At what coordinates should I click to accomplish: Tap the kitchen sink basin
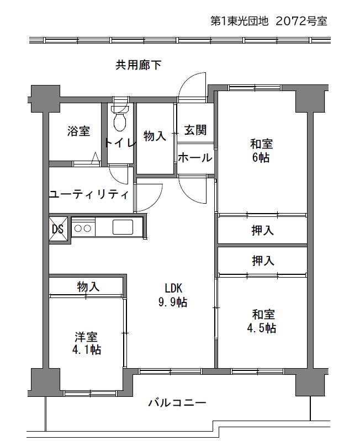123,227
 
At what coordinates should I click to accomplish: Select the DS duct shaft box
59,229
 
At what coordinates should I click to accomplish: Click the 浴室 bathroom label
78,131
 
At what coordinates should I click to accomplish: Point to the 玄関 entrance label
195,130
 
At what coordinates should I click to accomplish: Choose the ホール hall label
195,157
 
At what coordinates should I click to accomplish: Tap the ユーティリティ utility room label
89,194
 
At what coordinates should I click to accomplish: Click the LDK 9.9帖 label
173,295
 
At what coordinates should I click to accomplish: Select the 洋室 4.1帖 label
87,343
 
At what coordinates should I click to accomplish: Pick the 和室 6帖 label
261,151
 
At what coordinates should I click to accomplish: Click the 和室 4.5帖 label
262,321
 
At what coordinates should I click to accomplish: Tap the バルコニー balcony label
177,403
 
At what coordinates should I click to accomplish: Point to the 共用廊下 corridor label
139,65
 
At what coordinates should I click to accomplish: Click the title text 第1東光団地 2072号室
269,21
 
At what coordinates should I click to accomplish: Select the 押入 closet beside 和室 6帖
262,230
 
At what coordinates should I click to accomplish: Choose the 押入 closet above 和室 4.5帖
263,261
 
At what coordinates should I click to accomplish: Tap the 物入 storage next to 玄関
155,136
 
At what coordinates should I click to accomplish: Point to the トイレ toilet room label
120,143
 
